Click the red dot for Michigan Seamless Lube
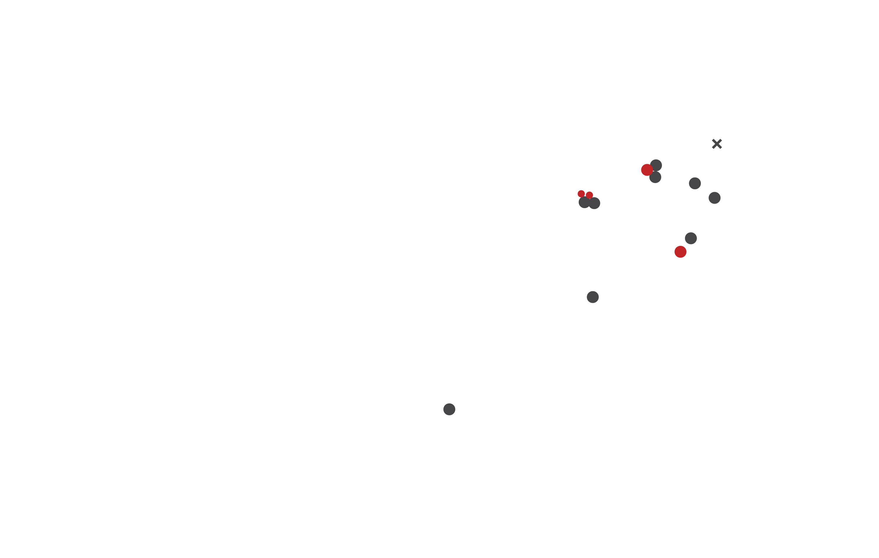[647, 170]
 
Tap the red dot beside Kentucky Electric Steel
[680, 252]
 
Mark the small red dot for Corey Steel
[581, 194]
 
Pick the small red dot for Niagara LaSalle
[590, 195]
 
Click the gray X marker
[717, 144]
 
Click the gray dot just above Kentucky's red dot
[691, 238]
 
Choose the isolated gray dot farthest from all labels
[449, 409]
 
